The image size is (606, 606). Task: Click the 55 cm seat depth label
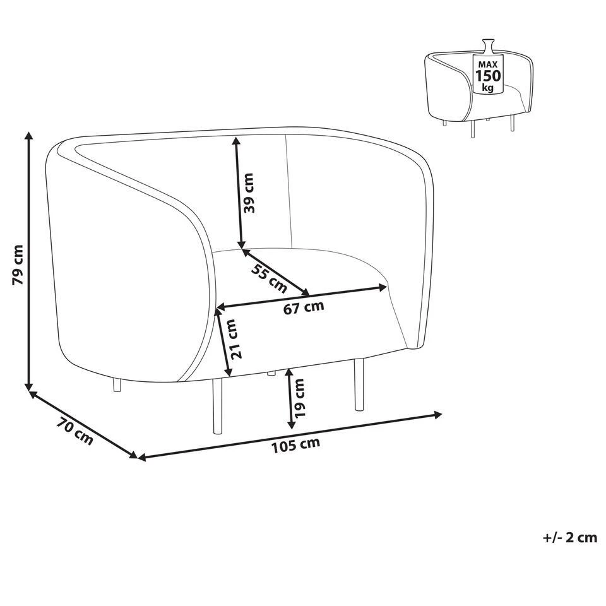(268, 278)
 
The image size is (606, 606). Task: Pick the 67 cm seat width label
(304, 308)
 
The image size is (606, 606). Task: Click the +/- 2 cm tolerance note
(569, 538)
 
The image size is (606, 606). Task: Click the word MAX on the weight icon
(487, 64)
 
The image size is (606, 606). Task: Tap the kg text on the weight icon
(487, 88)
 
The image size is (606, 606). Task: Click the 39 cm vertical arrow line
(238, 193)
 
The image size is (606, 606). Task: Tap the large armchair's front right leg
(359, 385)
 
